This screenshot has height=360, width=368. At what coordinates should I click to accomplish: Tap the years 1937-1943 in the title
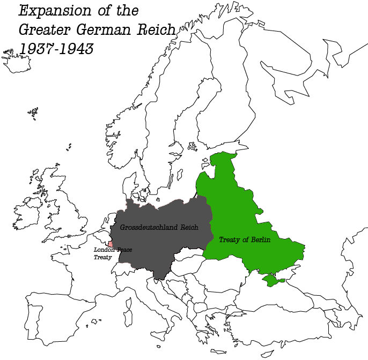pos(56,48)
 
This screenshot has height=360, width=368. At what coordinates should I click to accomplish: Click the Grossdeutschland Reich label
pos(159,227)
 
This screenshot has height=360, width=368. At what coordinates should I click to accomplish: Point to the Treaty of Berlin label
pos(244,240)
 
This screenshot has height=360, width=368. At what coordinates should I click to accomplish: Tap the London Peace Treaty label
pos(112,253)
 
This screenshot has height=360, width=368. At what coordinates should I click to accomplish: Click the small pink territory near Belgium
pos(111,244)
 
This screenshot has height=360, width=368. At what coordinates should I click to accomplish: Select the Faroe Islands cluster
pos(34,112)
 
